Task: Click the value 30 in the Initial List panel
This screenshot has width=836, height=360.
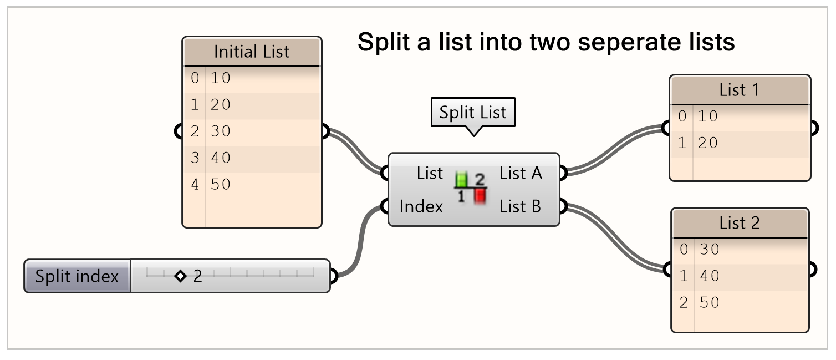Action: tap(221, 131)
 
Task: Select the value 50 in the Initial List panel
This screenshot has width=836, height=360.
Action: tap(221, 185)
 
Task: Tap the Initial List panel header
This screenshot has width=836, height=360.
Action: tap(252, 52)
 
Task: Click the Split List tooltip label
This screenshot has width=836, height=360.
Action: tap(473, 113)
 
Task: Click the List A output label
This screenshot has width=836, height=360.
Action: tap(521, 174)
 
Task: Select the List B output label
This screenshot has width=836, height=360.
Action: tap(520, 207)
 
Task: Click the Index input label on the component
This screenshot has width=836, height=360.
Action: tap(421, 207)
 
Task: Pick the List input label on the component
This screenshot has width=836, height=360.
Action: tap(430, 174)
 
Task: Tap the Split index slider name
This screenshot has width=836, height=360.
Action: tap(77, 276)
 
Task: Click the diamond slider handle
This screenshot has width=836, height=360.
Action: tap(180, 276)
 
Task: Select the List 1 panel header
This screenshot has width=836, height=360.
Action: tap(739, 90)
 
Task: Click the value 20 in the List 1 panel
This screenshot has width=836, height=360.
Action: tap(708, 143)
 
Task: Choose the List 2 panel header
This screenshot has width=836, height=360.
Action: tap(739, 223)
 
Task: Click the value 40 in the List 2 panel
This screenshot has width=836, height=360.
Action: tap(709, 276)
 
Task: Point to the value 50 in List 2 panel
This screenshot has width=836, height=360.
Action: tap(709, 302)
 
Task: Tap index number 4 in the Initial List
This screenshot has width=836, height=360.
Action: tap(195, 185)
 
